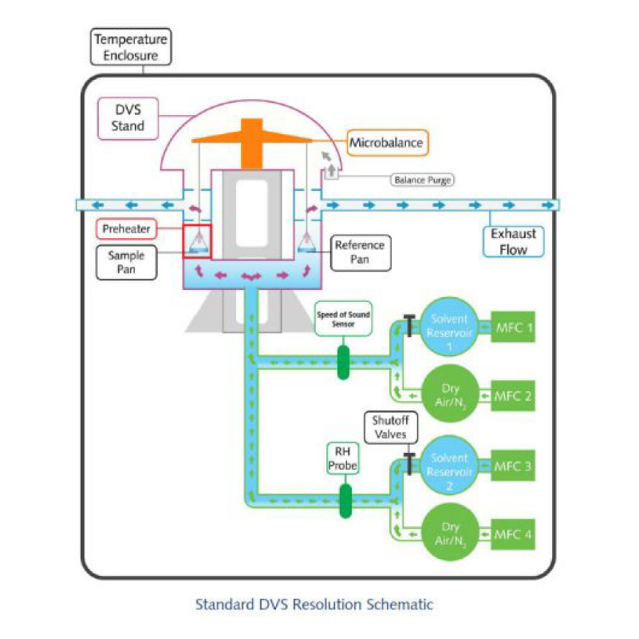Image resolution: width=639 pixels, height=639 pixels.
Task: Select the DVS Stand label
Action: (128, 117)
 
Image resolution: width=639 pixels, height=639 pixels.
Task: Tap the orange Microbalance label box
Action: (387, 143)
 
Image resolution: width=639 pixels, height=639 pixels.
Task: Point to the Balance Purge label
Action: (422, 180)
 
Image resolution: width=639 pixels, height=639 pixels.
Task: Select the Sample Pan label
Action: (127, 263)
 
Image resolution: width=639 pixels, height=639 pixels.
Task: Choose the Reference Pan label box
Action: (359, 252)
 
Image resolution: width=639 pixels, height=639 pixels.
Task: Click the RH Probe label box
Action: (345, 458)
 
